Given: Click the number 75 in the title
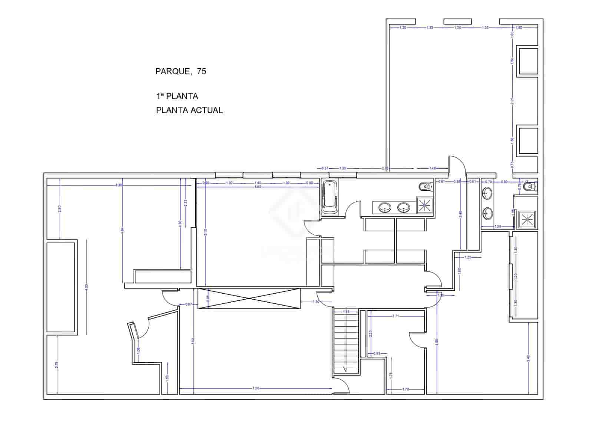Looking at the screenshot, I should tap(202, 72).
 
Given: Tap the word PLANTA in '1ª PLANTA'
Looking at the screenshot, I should tap(182, 96).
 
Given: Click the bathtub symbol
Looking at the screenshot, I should tap(329, 197).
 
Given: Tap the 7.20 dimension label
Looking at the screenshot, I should tap(255, 388).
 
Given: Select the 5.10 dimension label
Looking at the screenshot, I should tap(206, 232).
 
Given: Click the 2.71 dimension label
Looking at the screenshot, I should tap(395, 316).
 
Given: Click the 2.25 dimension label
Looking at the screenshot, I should tap(512, 100).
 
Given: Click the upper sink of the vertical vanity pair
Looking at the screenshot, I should tap(488, 192).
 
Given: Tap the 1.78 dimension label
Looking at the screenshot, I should tap(405, 389).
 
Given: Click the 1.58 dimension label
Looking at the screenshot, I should tap(498, 226).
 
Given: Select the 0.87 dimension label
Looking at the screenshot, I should tap(188, 304).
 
